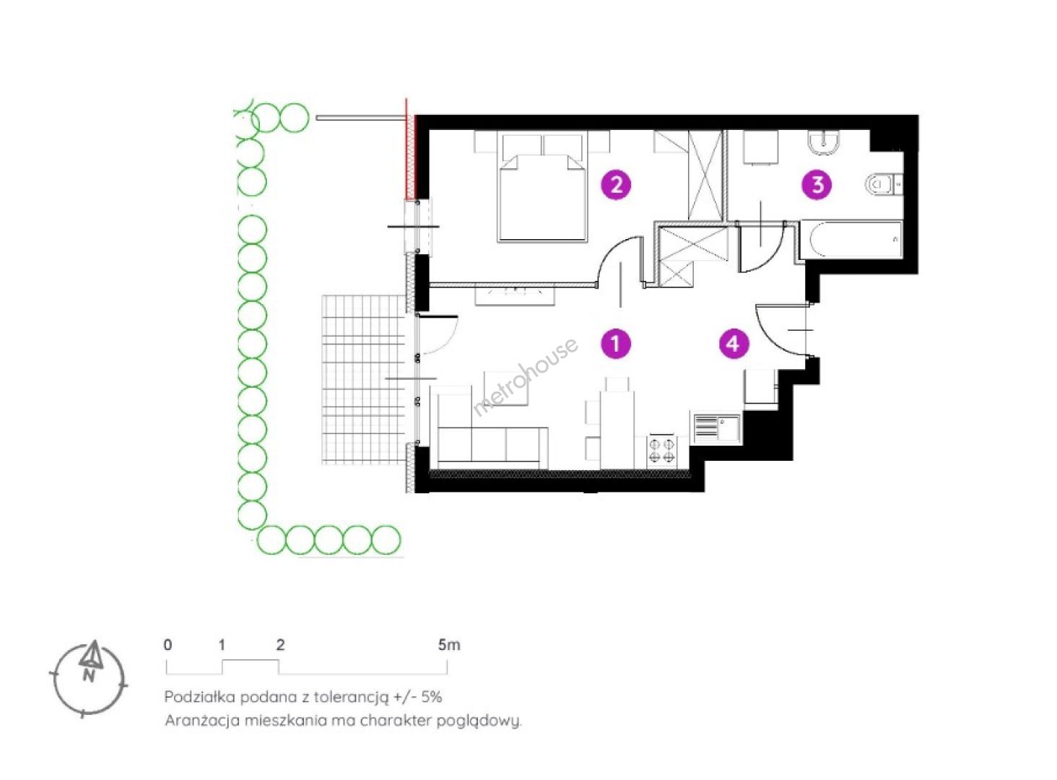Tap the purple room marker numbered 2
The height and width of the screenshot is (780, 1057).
(x=616, y=184)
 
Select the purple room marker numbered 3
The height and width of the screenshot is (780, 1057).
(x=817, y=184)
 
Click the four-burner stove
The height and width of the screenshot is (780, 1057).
(x=661, y=451)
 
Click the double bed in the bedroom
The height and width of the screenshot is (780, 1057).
(x=542, y=188)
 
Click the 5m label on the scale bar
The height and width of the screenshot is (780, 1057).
(x=449, y=644)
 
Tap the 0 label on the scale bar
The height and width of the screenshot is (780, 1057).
(x=168, y=645)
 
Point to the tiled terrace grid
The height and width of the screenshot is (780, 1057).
(x=363, y=380)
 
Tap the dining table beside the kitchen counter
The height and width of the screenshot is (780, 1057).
(x=617, y=430)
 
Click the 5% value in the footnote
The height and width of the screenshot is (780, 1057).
(x=432, y=697)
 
